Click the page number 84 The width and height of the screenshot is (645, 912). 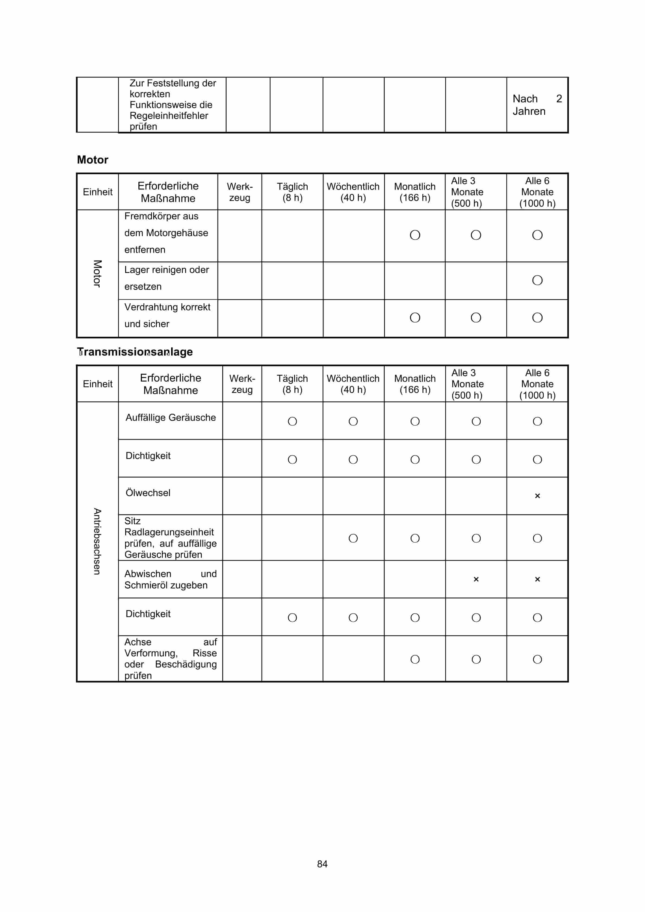coord(322,864)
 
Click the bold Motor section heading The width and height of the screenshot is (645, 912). coord(93,160)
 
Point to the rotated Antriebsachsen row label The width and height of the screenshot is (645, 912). coord(97,541)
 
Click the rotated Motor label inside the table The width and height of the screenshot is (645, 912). coord(97,274)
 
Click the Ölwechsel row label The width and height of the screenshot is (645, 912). coord(148,493)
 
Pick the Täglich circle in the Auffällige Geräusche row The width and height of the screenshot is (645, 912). coord(292,421)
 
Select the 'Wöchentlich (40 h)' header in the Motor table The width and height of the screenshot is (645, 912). coord(353,192)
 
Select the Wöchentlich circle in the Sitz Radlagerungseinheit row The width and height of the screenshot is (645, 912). coord(353,538)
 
